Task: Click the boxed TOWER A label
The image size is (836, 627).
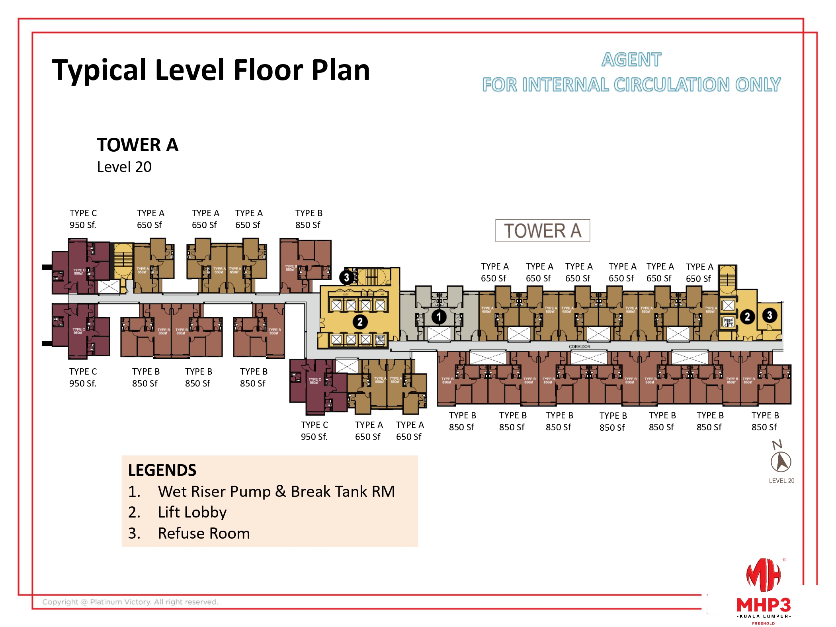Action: pos(542,230)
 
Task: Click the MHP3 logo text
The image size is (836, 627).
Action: pos(763,605)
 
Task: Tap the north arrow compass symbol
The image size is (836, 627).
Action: pos(781,461)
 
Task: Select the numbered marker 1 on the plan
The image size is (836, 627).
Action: pos(439,317)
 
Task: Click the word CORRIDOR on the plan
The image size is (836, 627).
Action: pos(579,347)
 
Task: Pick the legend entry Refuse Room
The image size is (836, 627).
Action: pos(203,533)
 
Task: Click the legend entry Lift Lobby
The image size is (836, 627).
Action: pos(192,512)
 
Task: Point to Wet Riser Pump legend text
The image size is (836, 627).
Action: pos(276,491)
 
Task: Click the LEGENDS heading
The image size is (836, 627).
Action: pos(162,470)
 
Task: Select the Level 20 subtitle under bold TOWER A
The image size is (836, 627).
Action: pos(124,167)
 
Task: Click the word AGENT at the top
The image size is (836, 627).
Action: pos(631,60)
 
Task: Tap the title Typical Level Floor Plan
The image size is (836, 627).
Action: pos(211,70)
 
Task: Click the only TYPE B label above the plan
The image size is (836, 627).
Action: pos(309,219)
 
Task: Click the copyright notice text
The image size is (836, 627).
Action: pos(130,602)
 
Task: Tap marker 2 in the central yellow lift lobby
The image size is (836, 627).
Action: pos(360,322)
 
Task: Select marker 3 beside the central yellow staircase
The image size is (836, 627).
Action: pos(346,277)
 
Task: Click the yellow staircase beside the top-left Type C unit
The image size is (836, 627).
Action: pos(123,260)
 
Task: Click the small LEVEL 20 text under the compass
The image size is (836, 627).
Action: pos(781,481)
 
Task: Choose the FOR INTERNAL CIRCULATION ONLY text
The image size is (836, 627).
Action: pos(631,85)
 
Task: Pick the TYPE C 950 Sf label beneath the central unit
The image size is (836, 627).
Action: pos(314,431)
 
